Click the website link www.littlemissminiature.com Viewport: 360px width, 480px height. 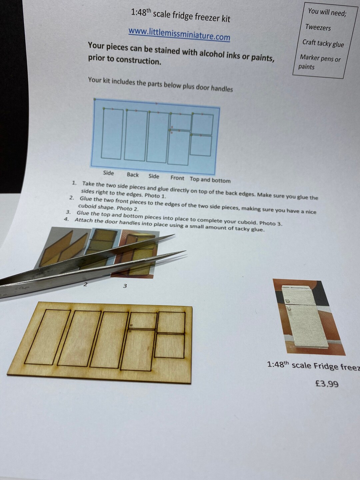(179, 34)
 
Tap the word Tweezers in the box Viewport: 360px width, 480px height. (318, 27)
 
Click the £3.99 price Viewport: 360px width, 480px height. (327, 384)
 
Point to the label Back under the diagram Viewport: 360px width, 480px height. (133, 175)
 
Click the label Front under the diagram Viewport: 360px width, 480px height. (177, 178)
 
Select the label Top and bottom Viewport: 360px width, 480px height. (210, 180)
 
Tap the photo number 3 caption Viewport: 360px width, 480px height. (125, 286)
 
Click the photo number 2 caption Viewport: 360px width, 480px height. (85, 284)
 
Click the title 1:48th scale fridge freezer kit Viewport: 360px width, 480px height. (181, 15)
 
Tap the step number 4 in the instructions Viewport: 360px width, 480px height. (66, 219)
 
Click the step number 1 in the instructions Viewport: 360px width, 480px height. (74, 183)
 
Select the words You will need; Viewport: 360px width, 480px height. (327, 12)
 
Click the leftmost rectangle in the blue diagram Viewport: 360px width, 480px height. (112, 134)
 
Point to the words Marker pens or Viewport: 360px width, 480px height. (320, 58)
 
